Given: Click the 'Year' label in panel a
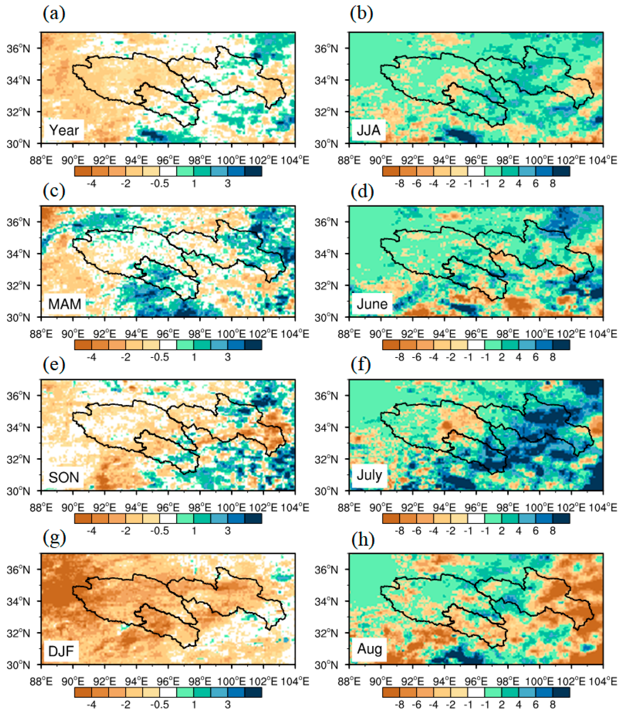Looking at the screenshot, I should tap(64, 130).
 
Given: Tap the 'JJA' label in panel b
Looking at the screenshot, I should tap(368, 130).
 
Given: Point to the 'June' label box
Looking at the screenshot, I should tap(372, 304).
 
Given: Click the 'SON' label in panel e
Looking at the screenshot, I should tap(64, 477).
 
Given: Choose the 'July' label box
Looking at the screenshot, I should tap(369, 475).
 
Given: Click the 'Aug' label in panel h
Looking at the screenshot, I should tap(369, 649).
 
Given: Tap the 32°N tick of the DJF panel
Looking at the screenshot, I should tap(18, 633).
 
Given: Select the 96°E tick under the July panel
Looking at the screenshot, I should tap(476, 507).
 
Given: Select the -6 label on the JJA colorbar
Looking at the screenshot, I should tap(417, 183).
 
